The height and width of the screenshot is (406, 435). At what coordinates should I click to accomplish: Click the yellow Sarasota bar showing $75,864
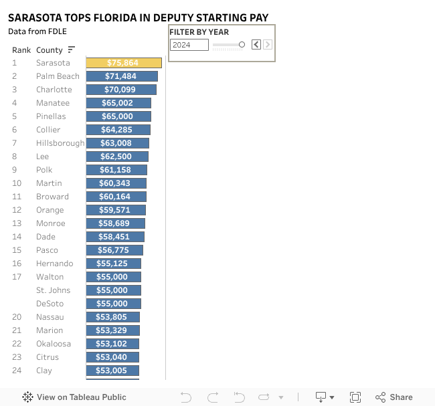124,63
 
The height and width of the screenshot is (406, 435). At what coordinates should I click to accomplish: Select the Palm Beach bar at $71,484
122,76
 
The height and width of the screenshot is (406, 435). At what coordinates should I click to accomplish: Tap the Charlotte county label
54,90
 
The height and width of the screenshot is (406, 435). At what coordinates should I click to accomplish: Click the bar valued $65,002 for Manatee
118,103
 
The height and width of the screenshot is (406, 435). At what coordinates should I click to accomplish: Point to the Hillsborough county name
60,143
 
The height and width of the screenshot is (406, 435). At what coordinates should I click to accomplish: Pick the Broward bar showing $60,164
116,197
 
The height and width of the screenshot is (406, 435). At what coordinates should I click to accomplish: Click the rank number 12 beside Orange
17,210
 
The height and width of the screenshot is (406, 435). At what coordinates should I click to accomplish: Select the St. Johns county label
53,290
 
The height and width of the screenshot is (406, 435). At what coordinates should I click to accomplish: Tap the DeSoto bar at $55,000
114,304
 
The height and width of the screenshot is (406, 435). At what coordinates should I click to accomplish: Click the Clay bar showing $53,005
112,371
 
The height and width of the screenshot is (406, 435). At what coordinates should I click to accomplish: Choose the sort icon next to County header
72,49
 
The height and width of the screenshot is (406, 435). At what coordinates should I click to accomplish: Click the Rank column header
21,50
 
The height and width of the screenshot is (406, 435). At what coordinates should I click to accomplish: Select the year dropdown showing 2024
189,45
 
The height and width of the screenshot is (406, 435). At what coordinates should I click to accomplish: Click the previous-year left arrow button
256,45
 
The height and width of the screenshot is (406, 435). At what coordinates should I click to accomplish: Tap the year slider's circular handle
242,45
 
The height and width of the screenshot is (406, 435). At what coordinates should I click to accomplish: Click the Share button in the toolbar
394,397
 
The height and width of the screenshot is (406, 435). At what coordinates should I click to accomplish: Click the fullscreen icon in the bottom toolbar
355,397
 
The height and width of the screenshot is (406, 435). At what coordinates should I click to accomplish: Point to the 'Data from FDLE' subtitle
37,31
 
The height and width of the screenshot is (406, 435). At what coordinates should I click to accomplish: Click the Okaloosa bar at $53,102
112,344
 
